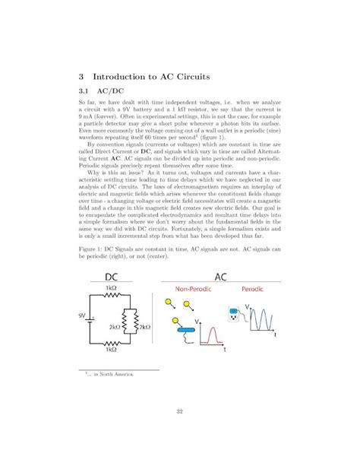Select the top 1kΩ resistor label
point(112,289)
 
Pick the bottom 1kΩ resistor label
point(112,350)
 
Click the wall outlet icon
point(234,312)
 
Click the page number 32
point(180,411)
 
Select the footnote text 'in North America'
point(112,375)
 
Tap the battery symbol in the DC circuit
point(92,319)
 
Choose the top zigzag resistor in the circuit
point(112,298)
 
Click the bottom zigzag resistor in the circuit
point(112,342)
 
